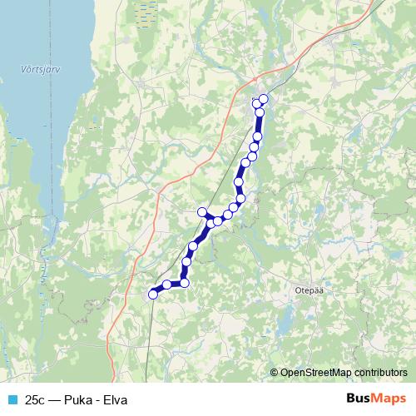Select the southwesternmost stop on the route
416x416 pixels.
pyautogui.click(x=153, y=294)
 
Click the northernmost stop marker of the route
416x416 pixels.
pyautogui.click(x=264, y=99)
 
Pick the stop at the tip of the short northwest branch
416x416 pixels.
pyautogui.click(x=201, y=212)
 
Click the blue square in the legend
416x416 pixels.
pyautogui.click(x=11, y=399)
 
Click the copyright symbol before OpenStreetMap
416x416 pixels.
pyautogui.click(x=275, y=373)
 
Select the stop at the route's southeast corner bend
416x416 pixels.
pyautogui.click(x=185, y=283)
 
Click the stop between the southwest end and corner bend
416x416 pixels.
pyautogui.click(x=167, y=285)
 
